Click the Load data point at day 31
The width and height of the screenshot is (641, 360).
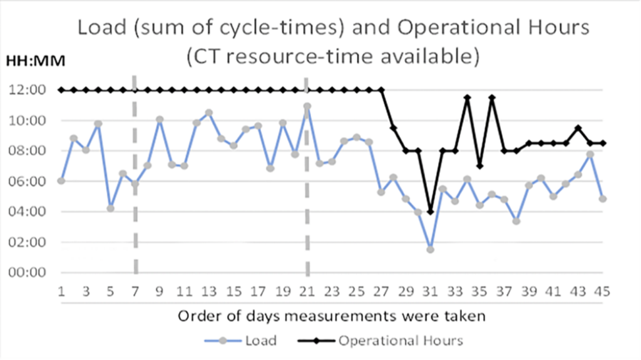430,249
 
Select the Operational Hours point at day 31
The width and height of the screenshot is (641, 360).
430,212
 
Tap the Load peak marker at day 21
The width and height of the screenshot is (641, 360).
307,106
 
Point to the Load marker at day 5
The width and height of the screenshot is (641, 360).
110,208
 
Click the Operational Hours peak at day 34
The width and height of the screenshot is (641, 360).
467,97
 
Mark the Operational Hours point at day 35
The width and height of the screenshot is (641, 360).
479,166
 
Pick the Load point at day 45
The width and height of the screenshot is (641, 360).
603,198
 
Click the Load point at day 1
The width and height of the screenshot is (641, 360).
61,180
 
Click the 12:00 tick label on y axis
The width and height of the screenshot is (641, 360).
28,90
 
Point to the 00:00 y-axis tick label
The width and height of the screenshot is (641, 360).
28,272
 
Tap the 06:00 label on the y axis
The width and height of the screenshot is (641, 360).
28,182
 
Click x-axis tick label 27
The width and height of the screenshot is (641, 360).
381,292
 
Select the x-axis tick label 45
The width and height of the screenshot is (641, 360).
602,292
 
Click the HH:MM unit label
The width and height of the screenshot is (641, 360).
35,61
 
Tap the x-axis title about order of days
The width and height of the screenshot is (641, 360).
331,316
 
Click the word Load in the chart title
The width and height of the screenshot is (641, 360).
100,28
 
